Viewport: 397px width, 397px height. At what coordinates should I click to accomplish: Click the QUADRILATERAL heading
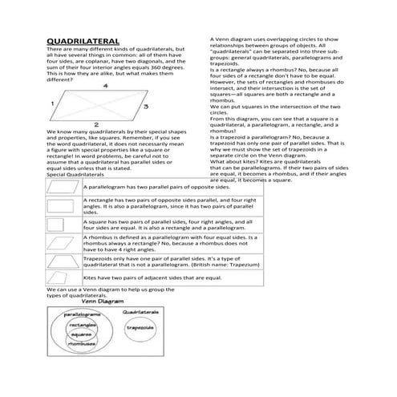(83, 40)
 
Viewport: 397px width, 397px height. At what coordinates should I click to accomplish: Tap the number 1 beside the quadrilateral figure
(52, 104)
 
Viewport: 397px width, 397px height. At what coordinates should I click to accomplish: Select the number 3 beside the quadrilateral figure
(145, 105)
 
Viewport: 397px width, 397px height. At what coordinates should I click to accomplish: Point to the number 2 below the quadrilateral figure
(96, 124)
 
